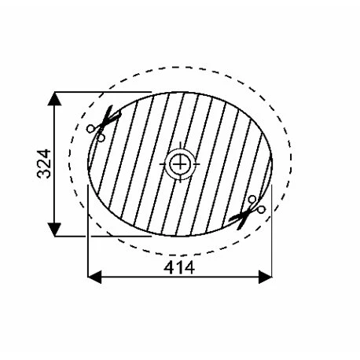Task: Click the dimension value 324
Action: [x=43, y=163]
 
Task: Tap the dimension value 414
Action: [x=179, y=267]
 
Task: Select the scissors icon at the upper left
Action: [x=101, y=124]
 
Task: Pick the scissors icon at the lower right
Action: [x=249, y=210]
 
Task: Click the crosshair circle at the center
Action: [x=181, y=163]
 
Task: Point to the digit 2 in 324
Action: [x=43, y=163]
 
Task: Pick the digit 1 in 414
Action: [x=180, y=267]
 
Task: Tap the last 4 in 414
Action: [x=191, y=267]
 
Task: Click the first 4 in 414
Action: [x=168, y=267]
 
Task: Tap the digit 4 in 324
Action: [x=43, y=150]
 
